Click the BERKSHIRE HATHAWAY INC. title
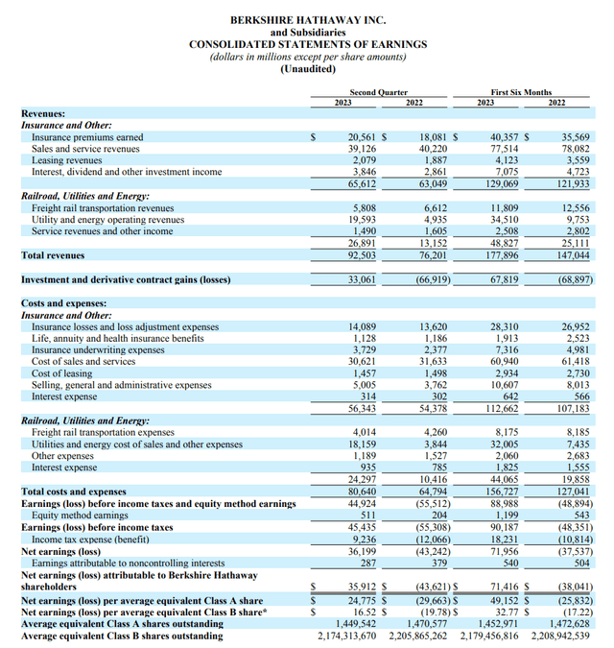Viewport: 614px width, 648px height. [x=307, y=19]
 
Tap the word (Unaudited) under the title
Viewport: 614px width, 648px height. [x=307, y=69]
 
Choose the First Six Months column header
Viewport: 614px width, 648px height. [x=520, y=92]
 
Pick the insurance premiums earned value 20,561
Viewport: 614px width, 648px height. [x=364, y=137]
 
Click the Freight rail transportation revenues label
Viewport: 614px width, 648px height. [x=103, y=207]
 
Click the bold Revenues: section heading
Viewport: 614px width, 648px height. [x=43, y=113]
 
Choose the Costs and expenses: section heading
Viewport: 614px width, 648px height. [x=63, y=302]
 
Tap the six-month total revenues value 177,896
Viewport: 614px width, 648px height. [x=499, y=255]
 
